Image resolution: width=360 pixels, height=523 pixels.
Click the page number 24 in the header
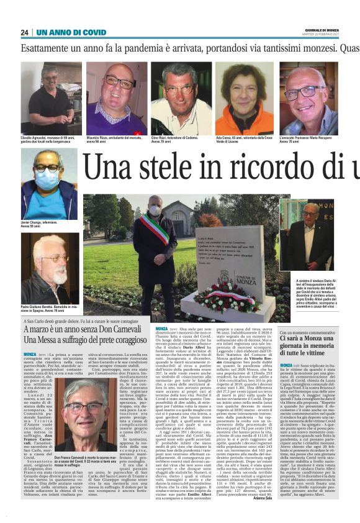pos(25,32)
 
